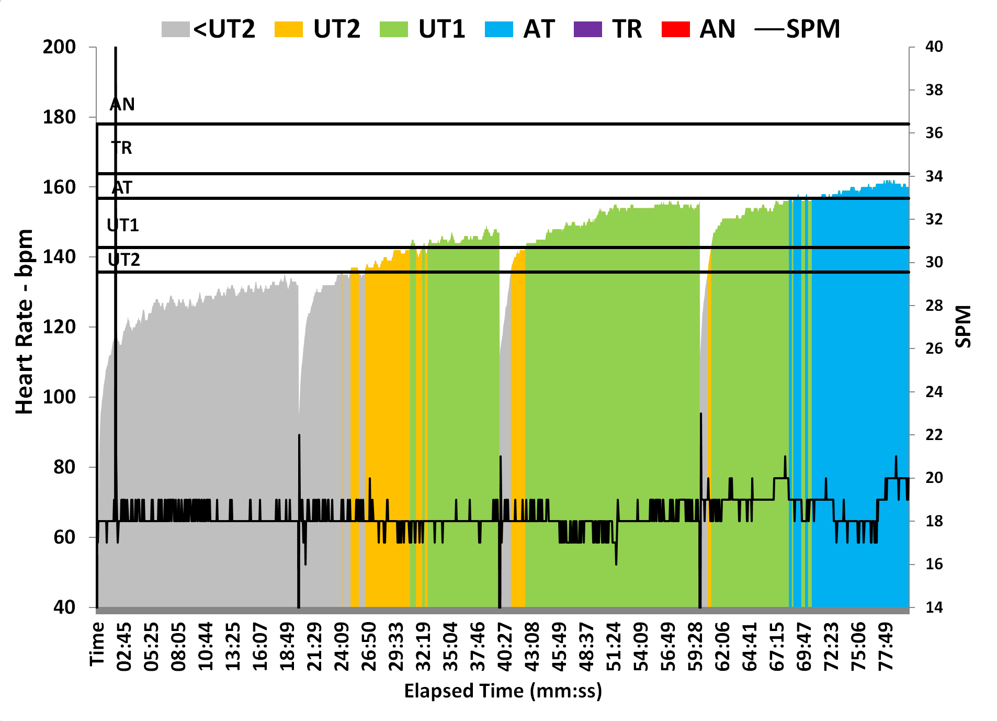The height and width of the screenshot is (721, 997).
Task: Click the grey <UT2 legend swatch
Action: [175, 29]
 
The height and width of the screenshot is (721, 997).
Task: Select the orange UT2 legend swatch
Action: [289, 29]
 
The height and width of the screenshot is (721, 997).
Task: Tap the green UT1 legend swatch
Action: [393, 29]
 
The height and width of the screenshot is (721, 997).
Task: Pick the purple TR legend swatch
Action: [588, 29]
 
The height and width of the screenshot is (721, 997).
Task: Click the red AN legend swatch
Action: [675, 29]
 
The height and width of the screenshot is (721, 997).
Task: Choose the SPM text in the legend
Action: [813, 29]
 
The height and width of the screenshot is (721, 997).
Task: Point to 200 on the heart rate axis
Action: [59, 47]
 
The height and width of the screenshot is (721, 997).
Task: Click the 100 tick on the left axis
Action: [59, 397]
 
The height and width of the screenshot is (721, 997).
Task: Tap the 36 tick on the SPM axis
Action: [934, 133]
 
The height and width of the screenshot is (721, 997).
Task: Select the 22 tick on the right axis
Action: [934, 435]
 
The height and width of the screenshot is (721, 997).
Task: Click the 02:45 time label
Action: [124, 647]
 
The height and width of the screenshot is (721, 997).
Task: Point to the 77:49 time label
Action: [886, 647]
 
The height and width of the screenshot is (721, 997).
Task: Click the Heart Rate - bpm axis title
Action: [24, 322]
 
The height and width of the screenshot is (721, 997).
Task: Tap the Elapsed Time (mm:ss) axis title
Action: [503, 691]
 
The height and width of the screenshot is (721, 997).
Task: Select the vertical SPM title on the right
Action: [963, 326]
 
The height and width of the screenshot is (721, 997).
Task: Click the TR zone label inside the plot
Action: [122, 148]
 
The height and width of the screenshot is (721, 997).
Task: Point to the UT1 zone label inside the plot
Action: [123, 226]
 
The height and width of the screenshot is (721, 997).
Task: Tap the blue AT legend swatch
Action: [498, 29]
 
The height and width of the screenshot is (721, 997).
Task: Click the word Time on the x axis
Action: [97, 644]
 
